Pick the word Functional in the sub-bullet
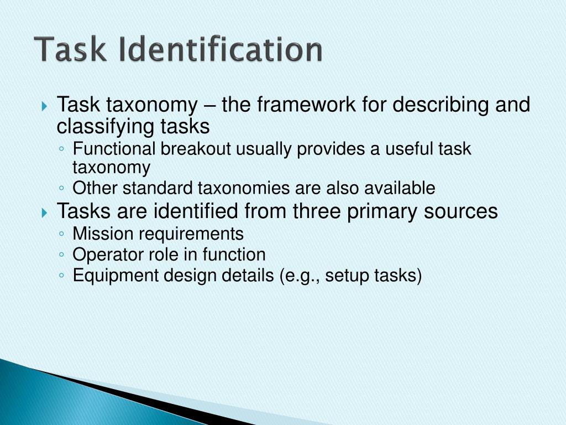115,149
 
